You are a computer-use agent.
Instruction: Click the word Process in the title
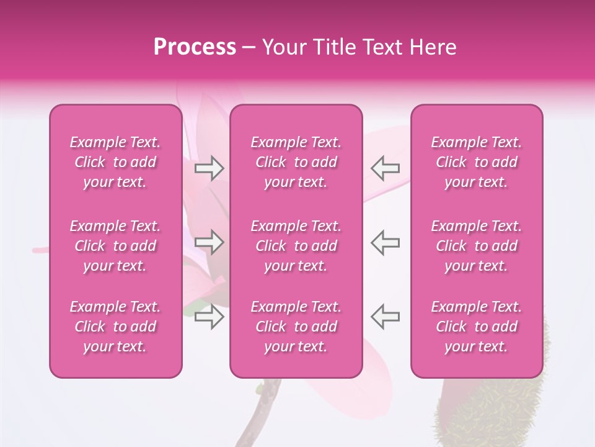tap(195, 47)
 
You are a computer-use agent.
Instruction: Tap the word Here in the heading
tap(433, 47)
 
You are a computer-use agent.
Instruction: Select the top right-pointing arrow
tap(209, 168)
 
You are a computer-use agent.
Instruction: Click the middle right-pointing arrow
tap(209, 242)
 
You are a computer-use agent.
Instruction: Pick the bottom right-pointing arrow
tap(209, 316)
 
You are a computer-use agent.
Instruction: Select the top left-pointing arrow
tap(386, 168)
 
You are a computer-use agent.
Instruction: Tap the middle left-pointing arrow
tap(386, 242)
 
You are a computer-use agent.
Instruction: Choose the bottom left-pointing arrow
tap(386, 316)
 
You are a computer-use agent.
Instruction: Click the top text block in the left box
tap(115, 162)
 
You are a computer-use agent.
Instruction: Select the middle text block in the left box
tap(115, 246)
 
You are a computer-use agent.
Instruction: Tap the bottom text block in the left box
tap(115, 327)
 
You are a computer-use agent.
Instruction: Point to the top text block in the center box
tap(296, 162)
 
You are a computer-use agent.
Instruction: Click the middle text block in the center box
tap(296, 246)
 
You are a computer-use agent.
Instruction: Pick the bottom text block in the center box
tap(296, 327)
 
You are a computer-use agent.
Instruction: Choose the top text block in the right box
tap(477, 162)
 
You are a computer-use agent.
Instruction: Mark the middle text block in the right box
tap(477, 246)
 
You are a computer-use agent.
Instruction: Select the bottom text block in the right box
tap(477, 327)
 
